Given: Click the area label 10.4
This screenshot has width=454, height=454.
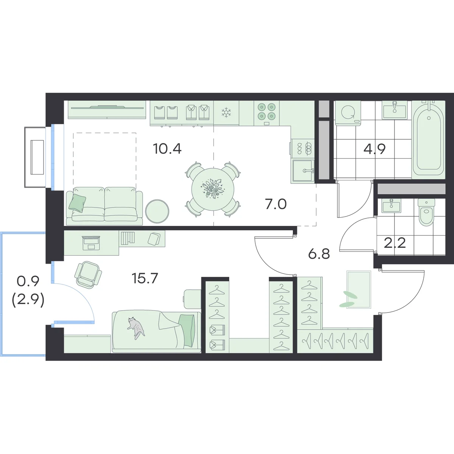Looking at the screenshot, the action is point(167,149).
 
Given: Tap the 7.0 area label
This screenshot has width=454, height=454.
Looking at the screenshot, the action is point(276,204).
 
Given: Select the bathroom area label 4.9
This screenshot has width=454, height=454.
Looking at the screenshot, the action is point(375,149).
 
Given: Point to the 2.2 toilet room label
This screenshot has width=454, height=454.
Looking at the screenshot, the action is point(395,243).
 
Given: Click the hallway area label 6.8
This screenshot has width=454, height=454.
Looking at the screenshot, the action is point(319,254).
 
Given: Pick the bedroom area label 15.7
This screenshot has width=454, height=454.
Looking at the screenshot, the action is point(145,278).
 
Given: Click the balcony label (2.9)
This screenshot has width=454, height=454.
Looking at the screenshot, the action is point(28,301).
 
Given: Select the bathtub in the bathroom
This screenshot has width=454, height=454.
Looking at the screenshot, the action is point(428,140).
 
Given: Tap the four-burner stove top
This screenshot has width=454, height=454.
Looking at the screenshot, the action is point(266,112).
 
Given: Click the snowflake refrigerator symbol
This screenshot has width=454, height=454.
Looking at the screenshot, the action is point(226,112).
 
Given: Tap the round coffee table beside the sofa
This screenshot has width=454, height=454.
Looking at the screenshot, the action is point(157,211).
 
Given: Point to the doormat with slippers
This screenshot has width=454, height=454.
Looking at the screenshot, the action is point(359,289).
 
